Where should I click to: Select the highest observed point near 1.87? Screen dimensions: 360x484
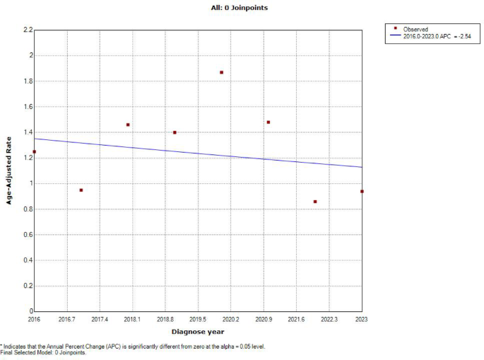[221, 72]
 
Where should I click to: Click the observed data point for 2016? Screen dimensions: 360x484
[34, 151]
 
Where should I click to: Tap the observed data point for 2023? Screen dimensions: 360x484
[362, 191]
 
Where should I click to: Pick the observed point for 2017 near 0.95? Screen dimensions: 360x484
[81, 190]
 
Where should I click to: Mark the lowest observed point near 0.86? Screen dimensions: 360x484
[315, 202]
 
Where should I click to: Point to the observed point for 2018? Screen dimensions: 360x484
[128, 124]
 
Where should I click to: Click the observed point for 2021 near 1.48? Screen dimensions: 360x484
[268, 122]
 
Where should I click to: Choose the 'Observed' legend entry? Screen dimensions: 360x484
[414, 29]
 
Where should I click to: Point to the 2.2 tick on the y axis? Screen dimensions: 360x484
[28, 30]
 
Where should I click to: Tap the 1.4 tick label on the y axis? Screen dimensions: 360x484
[28, 132]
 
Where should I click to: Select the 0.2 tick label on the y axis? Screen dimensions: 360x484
[28, 286]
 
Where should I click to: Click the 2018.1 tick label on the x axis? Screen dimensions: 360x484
[132, 320]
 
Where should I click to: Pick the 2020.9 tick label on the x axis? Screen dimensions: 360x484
[264, 320]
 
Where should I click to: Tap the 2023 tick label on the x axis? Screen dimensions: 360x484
[362, 320]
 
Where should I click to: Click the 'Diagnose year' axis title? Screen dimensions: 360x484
[198, 332]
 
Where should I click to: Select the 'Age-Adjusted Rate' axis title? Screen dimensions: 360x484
[10, 170]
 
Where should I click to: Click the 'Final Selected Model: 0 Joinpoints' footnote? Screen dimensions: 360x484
[44, 352]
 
